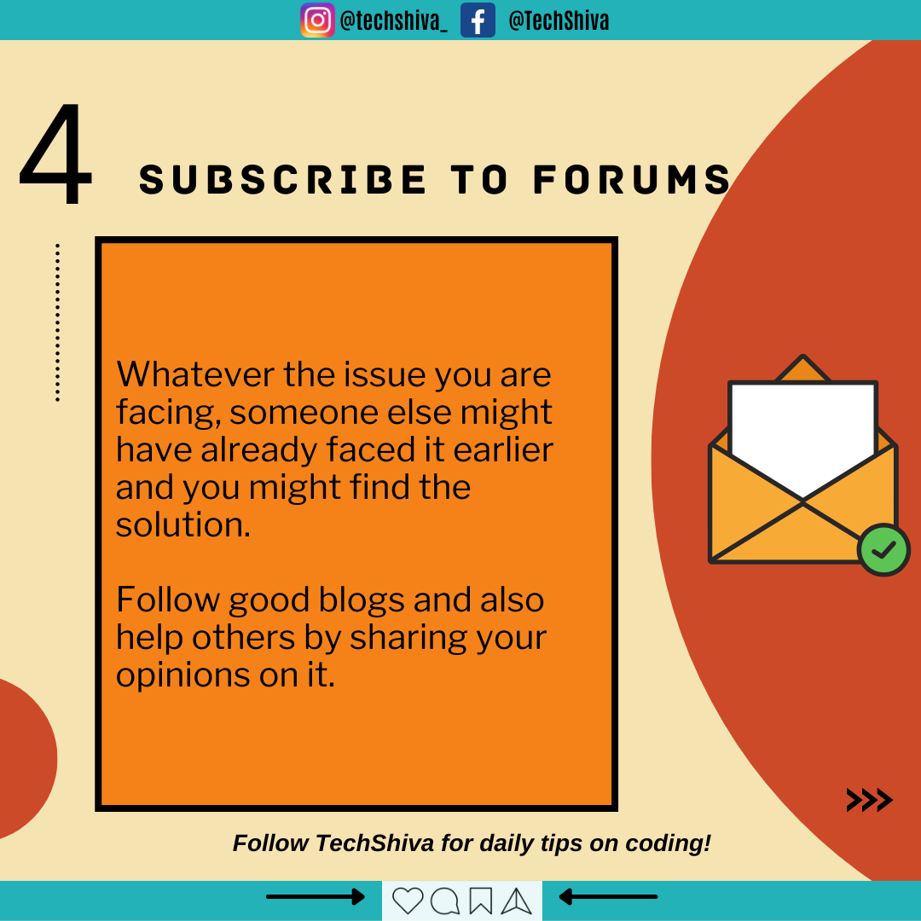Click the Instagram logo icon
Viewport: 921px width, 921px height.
tap(318, 20)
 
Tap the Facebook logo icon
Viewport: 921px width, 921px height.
tap(478, 20)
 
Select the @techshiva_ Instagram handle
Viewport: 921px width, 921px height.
tap(393, 21)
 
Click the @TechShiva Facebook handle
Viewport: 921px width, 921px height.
tap(559, 21)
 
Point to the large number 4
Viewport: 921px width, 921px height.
tap(55, 153)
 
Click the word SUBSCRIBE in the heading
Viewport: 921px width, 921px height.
tap(282, 179)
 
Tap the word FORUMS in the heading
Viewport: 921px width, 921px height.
tap(632, 179)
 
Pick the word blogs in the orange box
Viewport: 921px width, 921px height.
tap(362, 601)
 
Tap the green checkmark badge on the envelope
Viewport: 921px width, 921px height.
tap(883, 550)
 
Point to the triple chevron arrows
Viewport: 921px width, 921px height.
tap(869, 800)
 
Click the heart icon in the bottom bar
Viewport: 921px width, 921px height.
tap(408, 901)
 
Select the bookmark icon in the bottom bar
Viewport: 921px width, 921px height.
tap(480, 901)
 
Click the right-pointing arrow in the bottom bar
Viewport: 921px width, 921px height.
tap(316, 897)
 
